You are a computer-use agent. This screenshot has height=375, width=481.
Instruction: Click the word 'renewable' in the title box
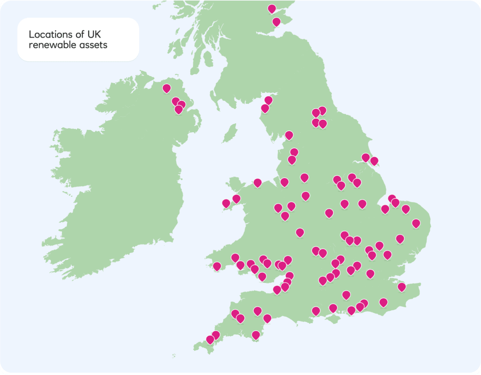(x=47, y=45)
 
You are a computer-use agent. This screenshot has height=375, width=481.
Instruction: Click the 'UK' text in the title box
(x=94, y=35)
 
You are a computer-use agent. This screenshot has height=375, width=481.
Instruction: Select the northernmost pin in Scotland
(x=272, y=8)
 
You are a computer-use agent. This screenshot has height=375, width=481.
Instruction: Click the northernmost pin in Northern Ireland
(x=167, y=88)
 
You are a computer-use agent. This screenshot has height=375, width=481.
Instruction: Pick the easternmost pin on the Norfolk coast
(x=416, y=223)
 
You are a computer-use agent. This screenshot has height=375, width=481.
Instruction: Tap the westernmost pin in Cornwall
(x=210, y=339)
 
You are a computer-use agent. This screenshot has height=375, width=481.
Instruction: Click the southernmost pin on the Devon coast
(x=256, y=335)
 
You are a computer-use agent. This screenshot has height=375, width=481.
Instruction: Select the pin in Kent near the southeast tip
(x=401, y=287)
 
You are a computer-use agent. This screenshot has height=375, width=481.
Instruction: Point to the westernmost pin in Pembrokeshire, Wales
(x=217, y=266)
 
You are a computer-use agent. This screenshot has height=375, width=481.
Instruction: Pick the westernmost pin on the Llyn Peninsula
(x=226, y=203)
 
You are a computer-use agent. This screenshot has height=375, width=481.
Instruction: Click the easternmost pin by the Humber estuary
(x=374, y=161)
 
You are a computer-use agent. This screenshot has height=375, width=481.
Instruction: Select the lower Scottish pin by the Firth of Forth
(x=276, y=22)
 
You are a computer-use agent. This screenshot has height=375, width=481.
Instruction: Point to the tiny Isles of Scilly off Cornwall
(x=174, y=356)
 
